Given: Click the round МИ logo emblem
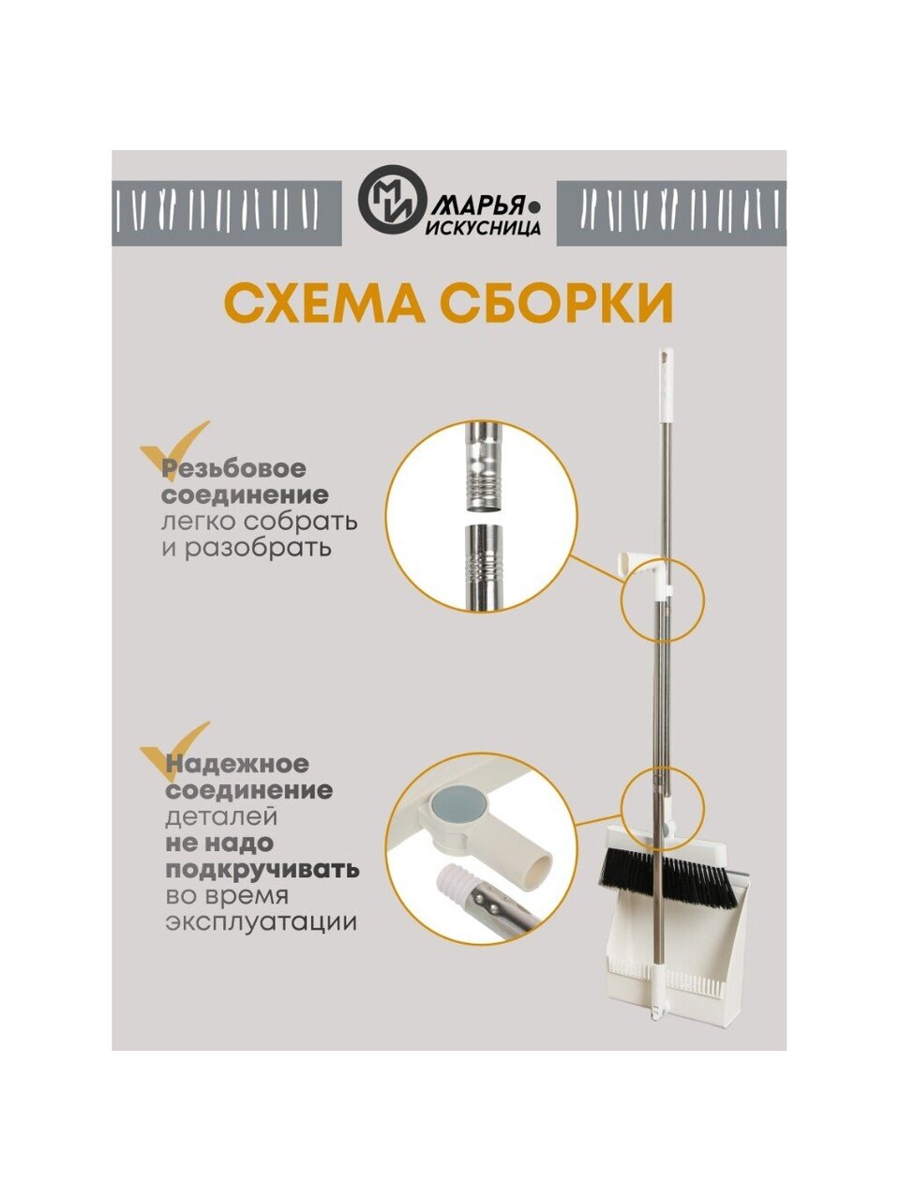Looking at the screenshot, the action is pos(393,200).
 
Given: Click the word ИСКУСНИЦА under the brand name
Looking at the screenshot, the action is pos(483,228).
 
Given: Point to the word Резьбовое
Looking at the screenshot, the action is pos(234,469).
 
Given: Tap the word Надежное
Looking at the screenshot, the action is pos(237,764).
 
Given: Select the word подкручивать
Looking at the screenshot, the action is pos(262,871).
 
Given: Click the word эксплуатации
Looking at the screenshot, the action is pos(262,923).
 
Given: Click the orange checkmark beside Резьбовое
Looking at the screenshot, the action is pos(175,449).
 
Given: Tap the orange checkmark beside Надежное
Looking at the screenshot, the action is pos(175,752).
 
